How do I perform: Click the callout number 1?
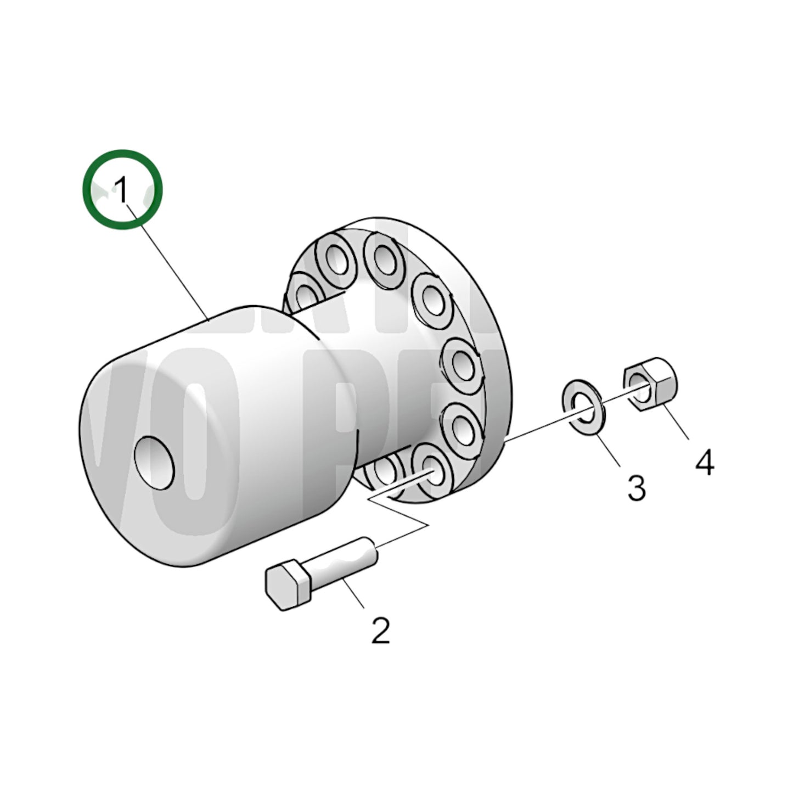point(122,190)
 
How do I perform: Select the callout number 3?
point(636,488)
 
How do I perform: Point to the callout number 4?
point(705,462)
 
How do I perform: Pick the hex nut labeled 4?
point(650,384)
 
